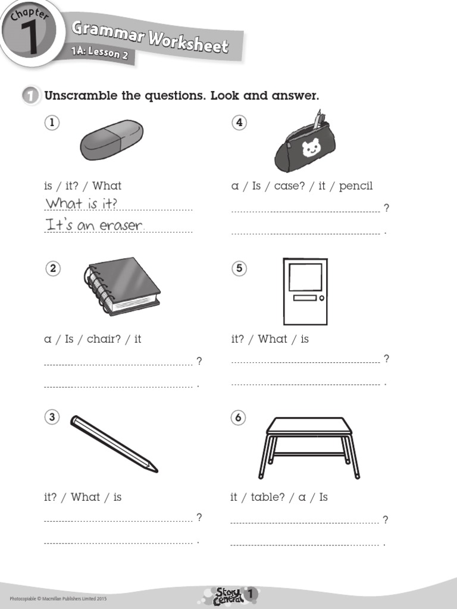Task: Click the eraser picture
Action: coord(112,140)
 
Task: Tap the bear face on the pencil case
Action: coord(311,147)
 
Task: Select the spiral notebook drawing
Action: coord(123,286)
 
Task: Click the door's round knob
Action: coord(321,298)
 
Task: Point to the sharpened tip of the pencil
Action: coord(155,470)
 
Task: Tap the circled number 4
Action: coord(239,123)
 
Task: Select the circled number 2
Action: coord(53,269)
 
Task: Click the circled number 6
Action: coord(239,417)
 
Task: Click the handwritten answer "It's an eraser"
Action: coord(95,225)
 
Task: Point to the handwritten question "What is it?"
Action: coord(82,203)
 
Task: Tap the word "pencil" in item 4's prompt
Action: coord(356,186)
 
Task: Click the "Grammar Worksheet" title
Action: coord(149,36)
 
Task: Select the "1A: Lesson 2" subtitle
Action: coord(99,54)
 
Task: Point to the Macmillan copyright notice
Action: coord(58,598)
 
